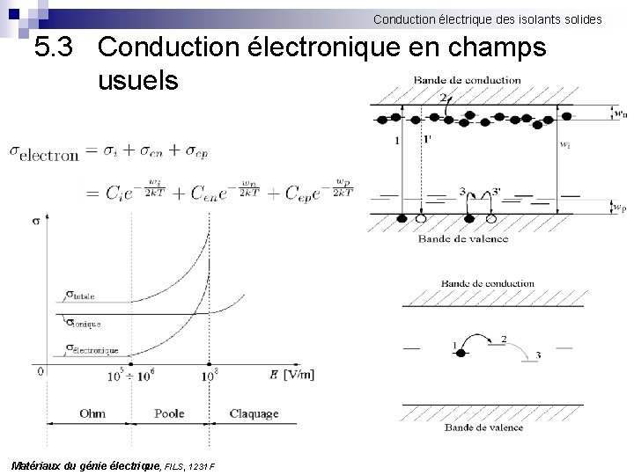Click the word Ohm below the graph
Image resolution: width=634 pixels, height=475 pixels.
click(92, 413)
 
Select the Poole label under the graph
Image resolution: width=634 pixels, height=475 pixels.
click(169, 413)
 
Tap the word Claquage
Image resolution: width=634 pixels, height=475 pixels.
click(254, 413)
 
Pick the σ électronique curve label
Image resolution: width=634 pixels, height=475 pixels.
click(92, 349)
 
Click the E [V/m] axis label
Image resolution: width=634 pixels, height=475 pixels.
click(291, 375)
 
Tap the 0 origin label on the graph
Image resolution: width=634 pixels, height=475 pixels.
click(40, 372)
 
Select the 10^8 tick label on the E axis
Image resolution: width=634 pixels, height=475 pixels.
click(209, 376)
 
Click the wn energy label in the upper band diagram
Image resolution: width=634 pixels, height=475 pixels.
click(621, 113)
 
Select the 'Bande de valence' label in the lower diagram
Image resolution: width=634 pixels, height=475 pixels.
click(483, 427)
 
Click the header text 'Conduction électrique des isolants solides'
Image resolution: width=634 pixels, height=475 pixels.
click(487, 18)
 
